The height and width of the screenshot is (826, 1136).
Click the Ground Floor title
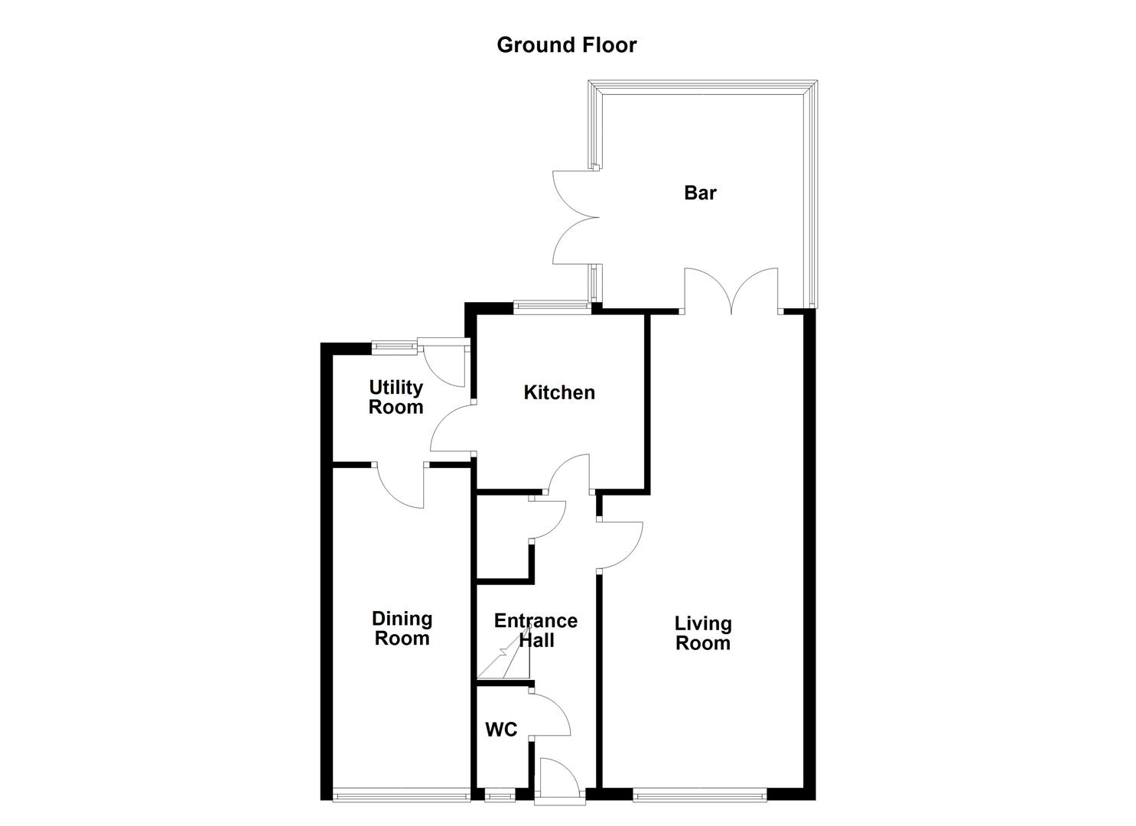[x=566, y=45]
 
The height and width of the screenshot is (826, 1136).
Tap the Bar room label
[x=700, y=193]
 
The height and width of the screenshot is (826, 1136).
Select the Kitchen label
[x=559, y=392]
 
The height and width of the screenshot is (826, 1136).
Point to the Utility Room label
[x=396, y=397]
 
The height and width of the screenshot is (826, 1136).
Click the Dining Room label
[x=402, y=628]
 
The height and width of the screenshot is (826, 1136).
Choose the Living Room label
[x=702, y=633]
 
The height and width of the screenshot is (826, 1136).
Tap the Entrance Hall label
[x=535, y=630]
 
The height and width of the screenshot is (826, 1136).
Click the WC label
[x=501, y=730]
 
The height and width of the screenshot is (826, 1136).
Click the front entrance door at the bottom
[x=559, y=780]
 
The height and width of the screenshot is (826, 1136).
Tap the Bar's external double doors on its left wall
[x=575, y=217]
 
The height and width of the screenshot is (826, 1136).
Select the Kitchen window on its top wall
[x=552, y=308]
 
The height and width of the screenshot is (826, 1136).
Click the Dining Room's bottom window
[x=402, y=795]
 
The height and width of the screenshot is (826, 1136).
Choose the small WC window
[x=500, y=796]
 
